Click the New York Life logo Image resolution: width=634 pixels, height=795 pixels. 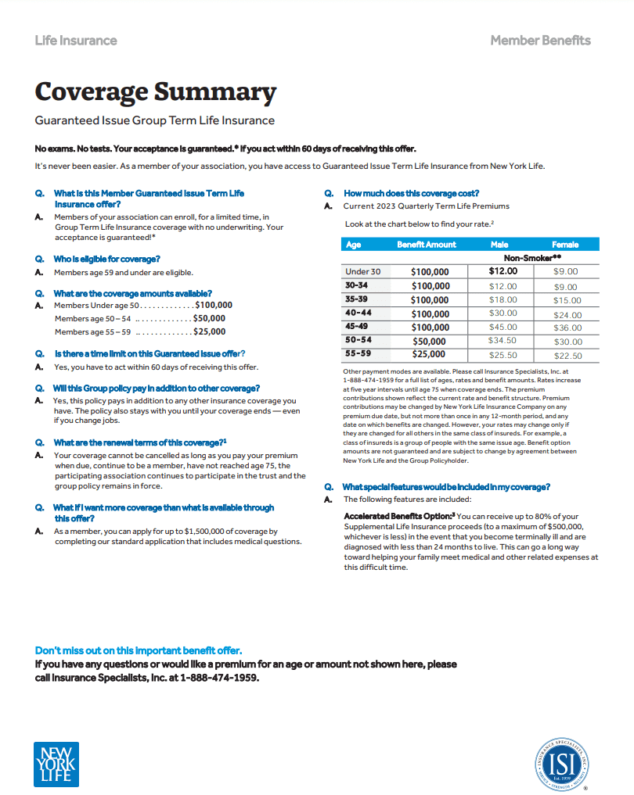pos(56,764)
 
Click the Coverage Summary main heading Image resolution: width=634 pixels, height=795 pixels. pos(155,92)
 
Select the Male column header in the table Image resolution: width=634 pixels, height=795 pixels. pos(499,245)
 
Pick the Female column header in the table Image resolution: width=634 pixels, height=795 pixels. pos(565,245)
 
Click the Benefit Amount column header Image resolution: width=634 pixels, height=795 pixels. pos(426,245)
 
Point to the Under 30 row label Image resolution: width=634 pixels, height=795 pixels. pos(363,272)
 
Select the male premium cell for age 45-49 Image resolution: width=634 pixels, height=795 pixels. pos(503,328)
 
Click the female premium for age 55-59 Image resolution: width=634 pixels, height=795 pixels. pos(567,356)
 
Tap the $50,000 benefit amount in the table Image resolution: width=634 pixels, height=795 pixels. pos(429,342)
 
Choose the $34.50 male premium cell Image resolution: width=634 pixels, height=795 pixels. pos(503,342)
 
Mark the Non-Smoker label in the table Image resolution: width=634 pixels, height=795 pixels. pos(532,257)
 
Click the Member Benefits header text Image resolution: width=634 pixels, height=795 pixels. pos(540,41)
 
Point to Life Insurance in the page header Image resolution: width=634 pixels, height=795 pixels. pos(76,41)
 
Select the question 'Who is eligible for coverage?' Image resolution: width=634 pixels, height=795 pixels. pos(106,258)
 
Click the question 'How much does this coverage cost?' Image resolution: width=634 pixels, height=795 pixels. pos(411,193)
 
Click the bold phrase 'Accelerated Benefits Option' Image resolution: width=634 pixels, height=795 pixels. pos(397,517)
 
